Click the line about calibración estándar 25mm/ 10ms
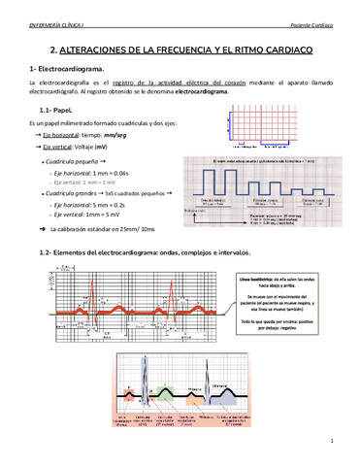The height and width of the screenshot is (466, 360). tap(102, 230)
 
